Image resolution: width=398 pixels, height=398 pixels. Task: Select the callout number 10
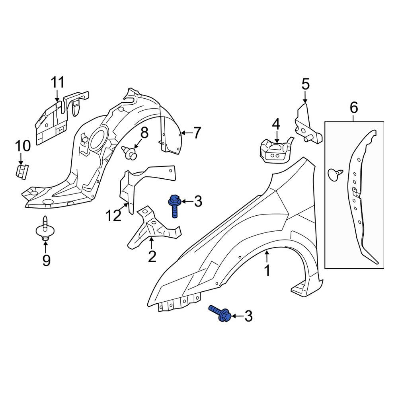(23, 146)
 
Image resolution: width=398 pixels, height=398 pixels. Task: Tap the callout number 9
(46, 260)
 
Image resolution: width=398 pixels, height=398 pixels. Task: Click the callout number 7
(197, 133)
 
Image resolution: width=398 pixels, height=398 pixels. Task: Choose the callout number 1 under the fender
(267, 271)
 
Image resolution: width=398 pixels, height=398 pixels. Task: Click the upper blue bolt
(174, 206)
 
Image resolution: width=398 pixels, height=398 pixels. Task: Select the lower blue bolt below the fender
(220, 314)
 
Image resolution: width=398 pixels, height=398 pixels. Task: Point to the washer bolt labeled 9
(45, 228)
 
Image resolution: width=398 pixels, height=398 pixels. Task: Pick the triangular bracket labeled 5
(308, 124)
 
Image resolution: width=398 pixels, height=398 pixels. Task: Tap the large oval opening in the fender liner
(98, 139)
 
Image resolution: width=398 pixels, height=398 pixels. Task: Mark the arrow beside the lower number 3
(237, 316)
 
